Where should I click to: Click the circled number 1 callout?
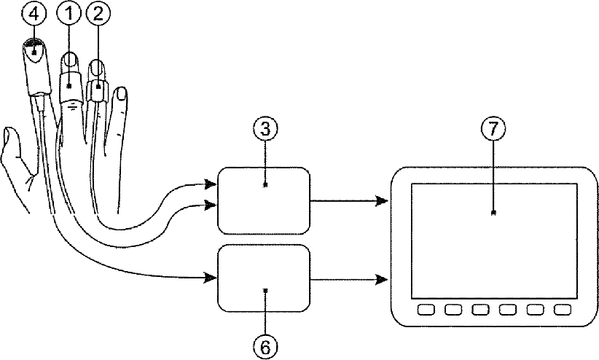tap(69, 15)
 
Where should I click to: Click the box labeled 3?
tap(265, 200)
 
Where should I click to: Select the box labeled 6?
tap(265, 278)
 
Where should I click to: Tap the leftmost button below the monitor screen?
tap(426, 310)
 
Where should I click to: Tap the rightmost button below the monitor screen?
tap(561, 310)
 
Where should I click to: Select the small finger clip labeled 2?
tap(98, 91)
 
